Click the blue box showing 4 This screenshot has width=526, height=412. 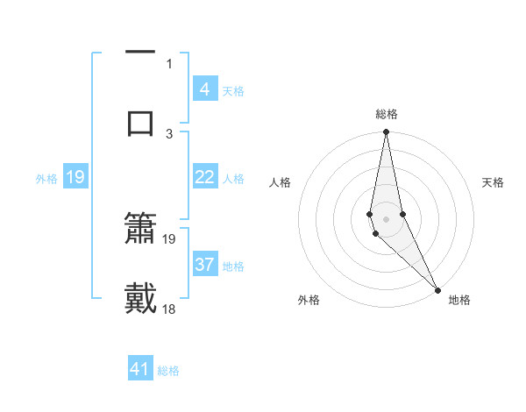pyautogui.click(x=204, y=89)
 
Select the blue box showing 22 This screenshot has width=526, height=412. pyautogui.click(x=204, y=177)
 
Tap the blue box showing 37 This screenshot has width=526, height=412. pyautogui.click(x=204, y=265)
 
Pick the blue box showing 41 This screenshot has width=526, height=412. pyautogui.click(x=141, y=370)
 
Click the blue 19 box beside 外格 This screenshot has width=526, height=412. pyautogui.click(x=75, y=177)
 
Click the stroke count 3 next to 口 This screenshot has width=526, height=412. pyautogui.click(x=169, y=133)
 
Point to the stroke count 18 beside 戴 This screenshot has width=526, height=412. pyautogui.click(x=170, y=309)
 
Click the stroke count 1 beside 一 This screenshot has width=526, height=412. pyautogui.click(x=169, y=63)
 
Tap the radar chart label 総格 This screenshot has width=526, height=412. pyautogui.click(x=387, y=114)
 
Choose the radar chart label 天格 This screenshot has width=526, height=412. pyautogui.click(x=494, y=182)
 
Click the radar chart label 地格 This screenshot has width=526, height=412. pyautogui.click(x=459, y=300)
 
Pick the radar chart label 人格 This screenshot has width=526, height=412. pyautogui.click(x=280, y=182)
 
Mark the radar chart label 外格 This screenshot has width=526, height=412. pyautogui.click(x=309, y=300)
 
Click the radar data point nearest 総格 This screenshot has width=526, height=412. pyautogui.click(x=386, y=132)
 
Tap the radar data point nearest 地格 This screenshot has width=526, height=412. pyautogui.click(x=437, y=288)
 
